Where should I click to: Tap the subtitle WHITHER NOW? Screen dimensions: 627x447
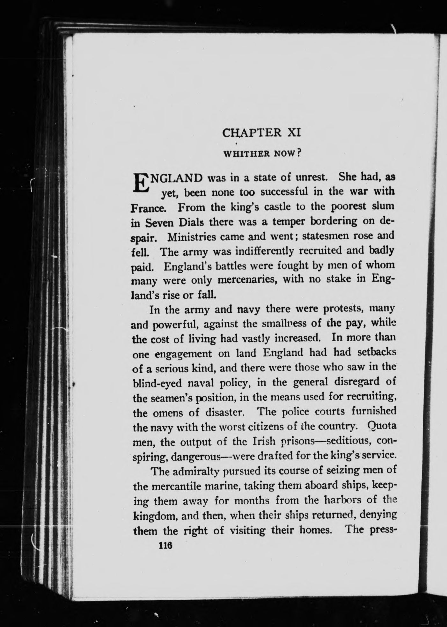coord(263,154)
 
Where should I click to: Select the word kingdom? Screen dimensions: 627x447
coord(154,516)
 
